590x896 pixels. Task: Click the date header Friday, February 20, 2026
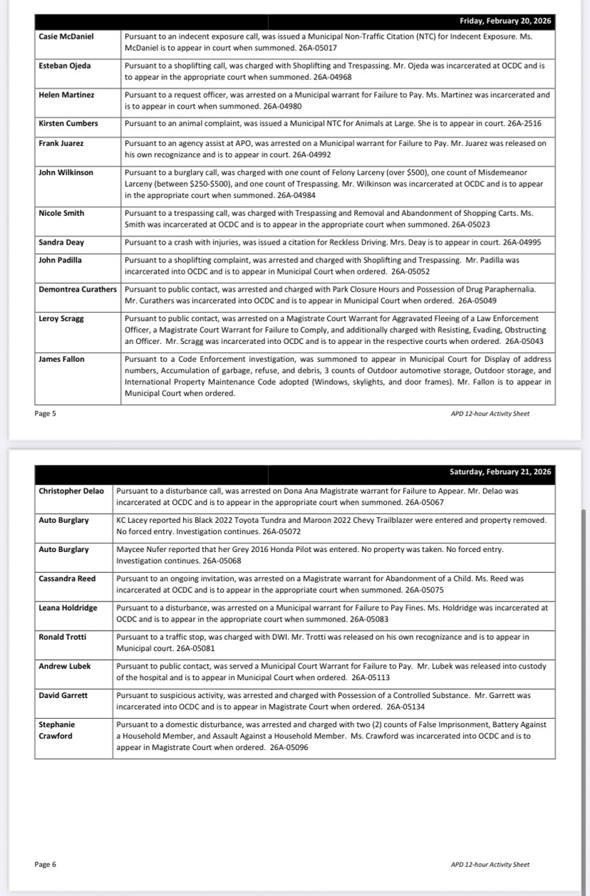coord(506,21)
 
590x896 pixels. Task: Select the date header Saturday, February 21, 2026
coord(501,472)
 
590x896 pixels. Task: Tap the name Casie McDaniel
coord(66,36)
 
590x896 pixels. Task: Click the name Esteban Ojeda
coord(64,66)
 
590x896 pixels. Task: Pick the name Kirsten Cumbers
coord(68,124)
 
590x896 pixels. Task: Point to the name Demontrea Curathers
coord(77,289)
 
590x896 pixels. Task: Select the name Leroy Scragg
coord(61,319)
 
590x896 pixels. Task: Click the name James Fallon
coord(62,359)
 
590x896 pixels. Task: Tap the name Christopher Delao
coord(71,491)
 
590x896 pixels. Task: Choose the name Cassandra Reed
coord(67,579)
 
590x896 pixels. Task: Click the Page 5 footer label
coord(45,413)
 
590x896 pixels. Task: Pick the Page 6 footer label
coord(45,865)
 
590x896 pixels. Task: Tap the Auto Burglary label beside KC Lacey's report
coord(64,521)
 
